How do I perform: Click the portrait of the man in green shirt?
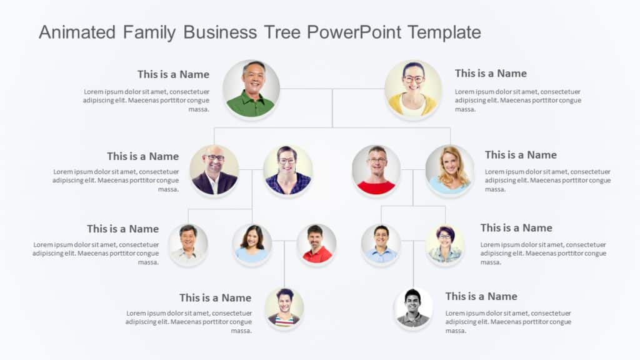pyautogui.click(x=251, y=89)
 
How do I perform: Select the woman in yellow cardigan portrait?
pyautogui.click(x=412, y=89)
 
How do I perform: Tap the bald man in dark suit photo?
pyautogui.click(x=214, y=170)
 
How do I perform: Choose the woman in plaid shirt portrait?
pyautogui.click(x=287, y=170)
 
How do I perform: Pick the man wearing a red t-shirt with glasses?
pyautogui.click(x=376, y=170)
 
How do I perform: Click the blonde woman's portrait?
pyautogui.click(x=449, y=170)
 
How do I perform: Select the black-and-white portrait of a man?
pyautogui.click(x=413, y=308)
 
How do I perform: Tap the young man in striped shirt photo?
pyautogui.click(x=284, y=308)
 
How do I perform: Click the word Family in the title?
pyautogui.click(x=149, y=32)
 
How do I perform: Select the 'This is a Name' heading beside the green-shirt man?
pyautogui.click(x=173, y=74)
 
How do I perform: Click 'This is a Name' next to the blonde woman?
pyautogui.click(x=521, y=155)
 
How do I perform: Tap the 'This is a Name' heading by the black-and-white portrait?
pyautogui.click(x=481, y=296)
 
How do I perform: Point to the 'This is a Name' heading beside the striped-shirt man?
pyautogui.click(x=215, y=298)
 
